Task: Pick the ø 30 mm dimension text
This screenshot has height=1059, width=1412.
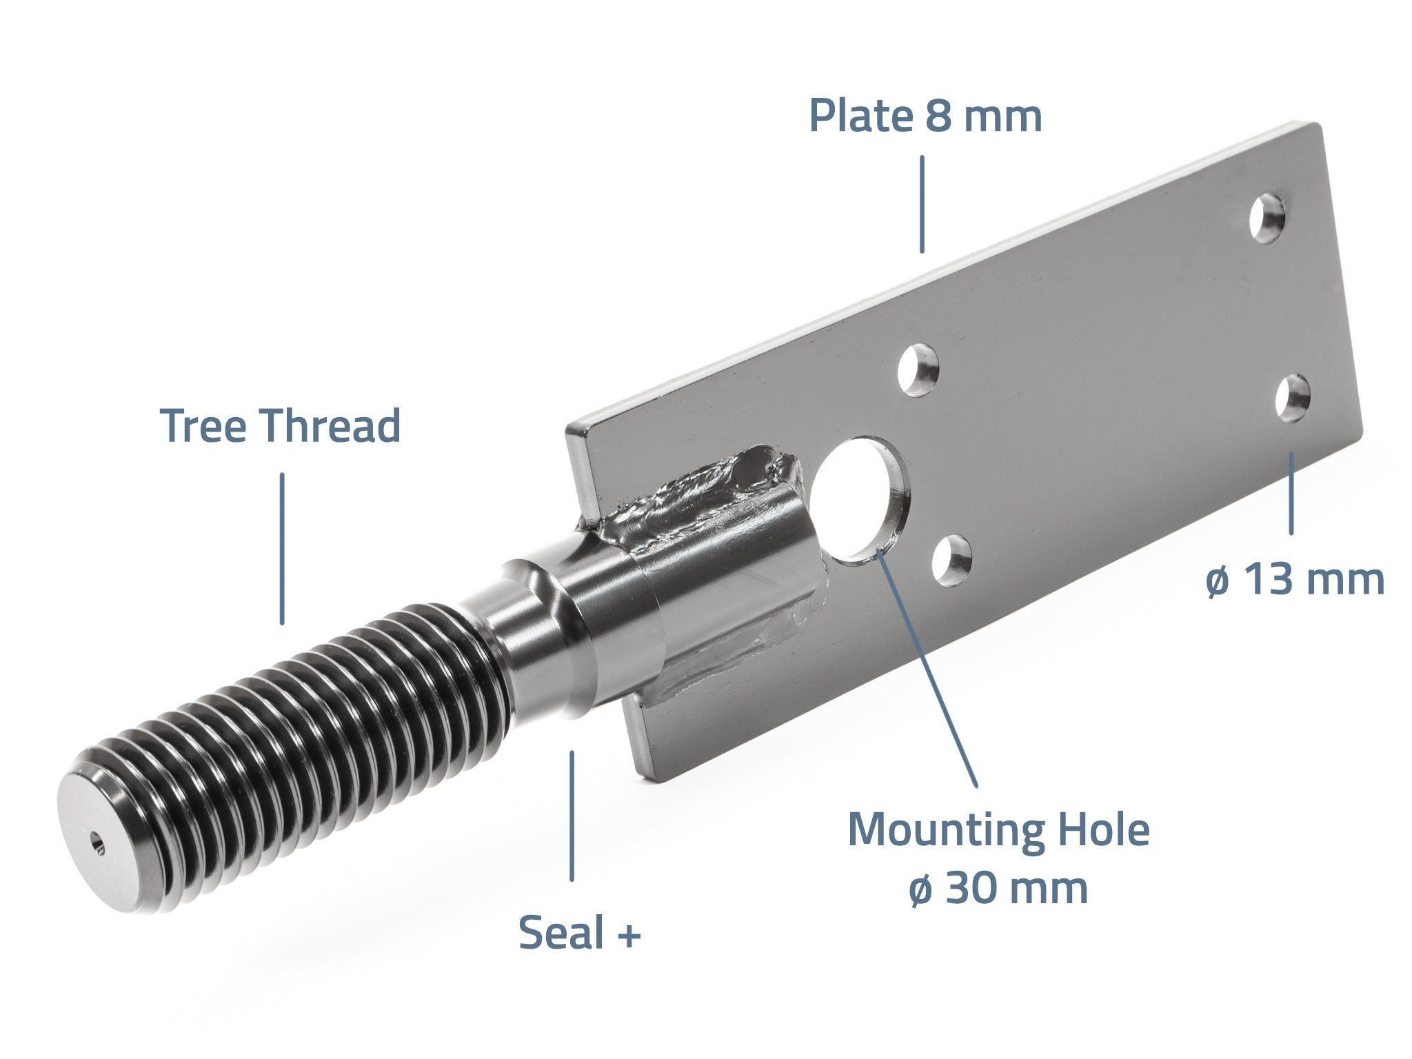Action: click(998, 888)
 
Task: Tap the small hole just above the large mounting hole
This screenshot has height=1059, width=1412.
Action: click(918, 370)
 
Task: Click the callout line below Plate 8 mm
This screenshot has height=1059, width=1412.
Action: click(922, 205)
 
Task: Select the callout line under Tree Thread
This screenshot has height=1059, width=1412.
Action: click(281, 549)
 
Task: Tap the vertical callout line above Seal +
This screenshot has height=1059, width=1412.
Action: click(572, 816)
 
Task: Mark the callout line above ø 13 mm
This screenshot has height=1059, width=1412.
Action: click(1291, 493)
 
